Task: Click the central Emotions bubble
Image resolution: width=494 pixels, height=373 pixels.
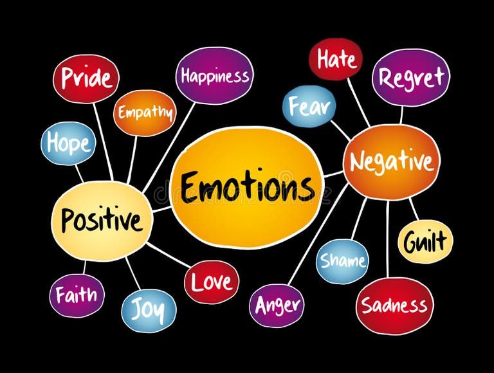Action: (247, 187)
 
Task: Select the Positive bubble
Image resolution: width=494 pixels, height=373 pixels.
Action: (102, 221)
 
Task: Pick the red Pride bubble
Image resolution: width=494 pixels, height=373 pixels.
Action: (86, 78)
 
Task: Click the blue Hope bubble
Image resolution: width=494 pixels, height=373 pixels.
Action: (68, 143)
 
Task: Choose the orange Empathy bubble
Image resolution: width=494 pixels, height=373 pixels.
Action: (145, 113)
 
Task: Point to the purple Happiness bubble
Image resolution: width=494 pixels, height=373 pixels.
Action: (214, 75)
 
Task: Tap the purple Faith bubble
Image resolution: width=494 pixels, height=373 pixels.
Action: (77, 295)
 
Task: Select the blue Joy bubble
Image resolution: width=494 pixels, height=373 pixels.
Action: (149, 310)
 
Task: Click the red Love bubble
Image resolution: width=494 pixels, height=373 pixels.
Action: (212, 282)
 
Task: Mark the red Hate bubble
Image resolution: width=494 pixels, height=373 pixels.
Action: (335, 59)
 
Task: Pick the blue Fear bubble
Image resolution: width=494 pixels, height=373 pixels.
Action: (309, 106)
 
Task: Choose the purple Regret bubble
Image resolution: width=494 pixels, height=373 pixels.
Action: (411, 77)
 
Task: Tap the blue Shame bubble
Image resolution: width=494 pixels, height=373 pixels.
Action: (342, 261)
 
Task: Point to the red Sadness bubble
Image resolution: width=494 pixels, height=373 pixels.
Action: (394, 305)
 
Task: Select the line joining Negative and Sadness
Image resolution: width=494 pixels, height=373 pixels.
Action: (388, 238)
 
